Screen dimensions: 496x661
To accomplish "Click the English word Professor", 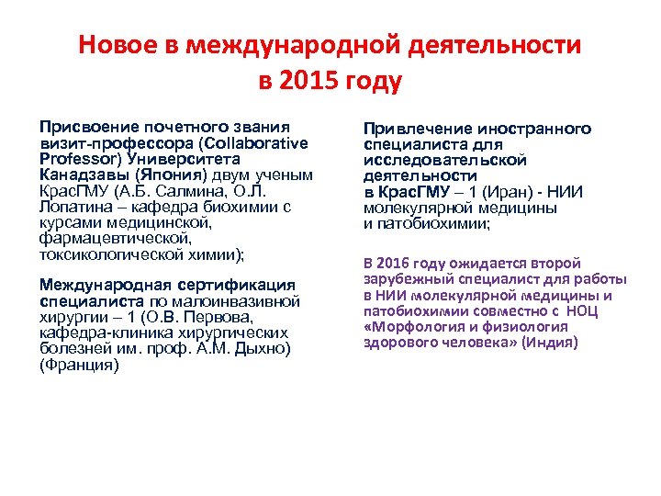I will (77, 159).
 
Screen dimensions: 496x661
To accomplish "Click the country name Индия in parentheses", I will (546, 342).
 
